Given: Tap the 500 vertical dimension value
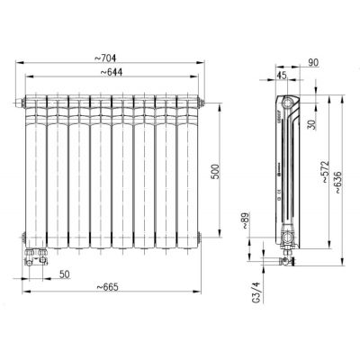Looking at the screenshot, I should click(x=214, y=171).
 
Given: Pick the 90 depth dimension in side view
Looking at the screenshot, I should click(x=312, y=61).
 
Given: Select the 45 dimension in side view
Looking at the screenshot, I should click(x=281, y=76).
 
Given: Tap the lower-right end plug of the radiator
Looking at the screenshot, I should click(x=200, y=239).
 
